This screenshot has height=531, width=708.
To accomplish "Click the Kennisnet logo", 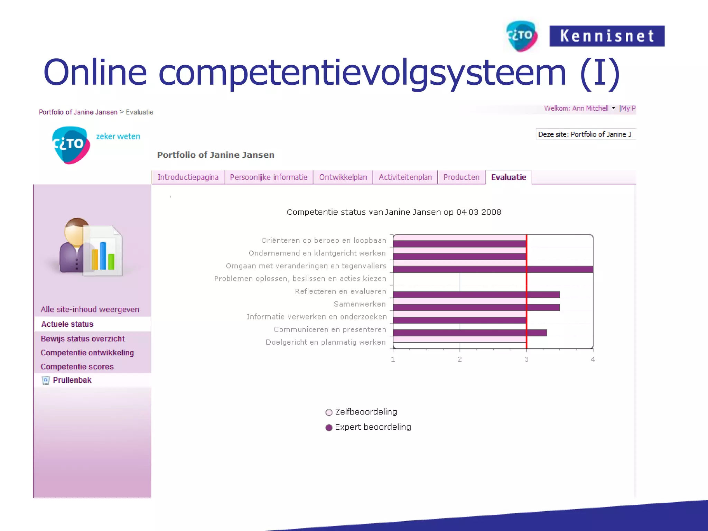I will point(607,36).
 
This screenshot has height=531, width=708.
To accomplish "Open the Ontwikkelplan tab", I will point(343,177).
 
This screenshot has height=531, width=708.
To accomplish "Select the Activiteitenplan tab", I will point(405,177).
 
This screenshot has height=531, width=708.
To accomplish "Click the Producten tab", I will point(461,177).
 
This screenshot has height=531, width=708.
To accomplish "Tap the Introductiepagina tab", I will point(188,177).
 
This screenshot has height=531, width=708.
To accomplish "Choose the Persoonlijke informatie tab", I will point(269,177).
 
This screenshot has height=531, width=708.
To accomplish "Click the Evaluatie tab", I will point(509,177).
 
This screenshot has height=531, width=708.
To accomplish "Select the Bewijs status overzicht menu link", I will point(83,339).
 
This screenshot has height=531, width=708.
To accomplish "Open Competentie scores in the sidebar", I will point(77,367).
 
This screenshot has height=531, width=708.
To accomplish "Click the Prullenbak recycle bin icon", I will point(46,381).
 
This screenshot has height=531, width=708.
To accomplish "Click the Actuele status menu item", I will point(67,324).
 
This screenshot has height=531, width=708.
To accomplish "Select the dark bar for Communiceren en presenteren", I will point(470,333).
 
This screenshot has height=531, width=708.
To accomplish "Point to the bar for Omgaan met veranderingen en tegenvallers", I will point(493,269).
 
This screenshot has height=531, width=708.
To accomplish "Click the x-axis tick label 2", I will point(460,360).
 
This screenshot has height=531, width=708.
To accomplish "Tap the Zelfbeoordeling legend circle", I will point(329,412).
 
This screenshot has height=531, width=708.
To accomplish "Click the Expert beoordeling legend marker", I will point(329,428).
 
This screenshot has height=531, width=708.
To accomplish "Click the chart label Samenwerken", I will point(360,304).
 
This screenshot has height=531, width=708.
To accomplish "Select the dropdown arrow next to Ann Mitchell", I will point(614,108).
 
